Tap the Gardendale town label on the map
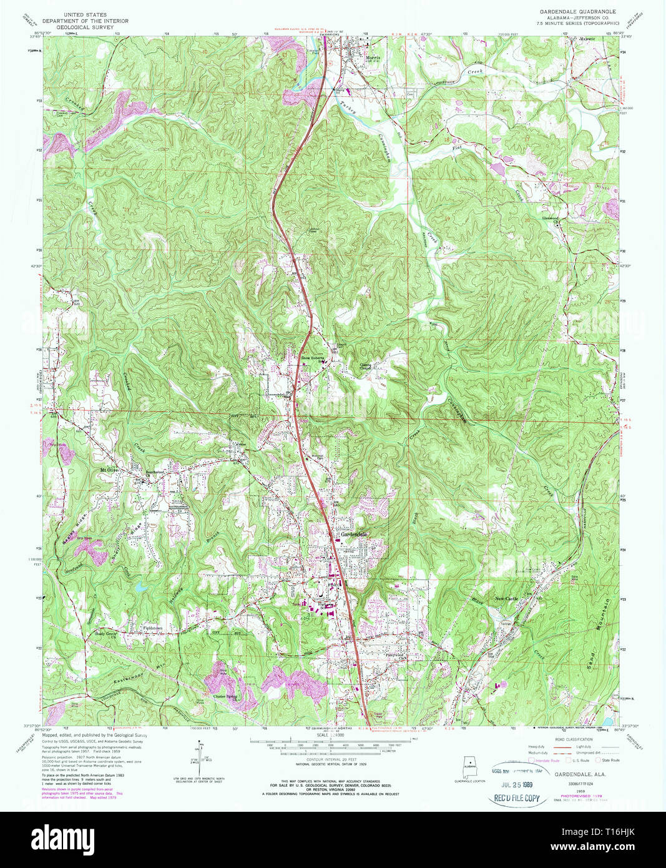(x=353, y=535)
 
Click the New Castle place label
(x=506, y=599)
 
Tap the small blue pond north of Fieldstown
(x=141, y=587)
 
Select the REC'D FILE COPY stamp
(x=517, y=798)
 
